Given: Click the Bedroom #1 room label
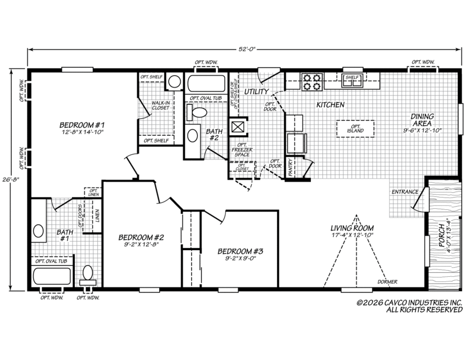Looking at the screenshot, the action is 82,124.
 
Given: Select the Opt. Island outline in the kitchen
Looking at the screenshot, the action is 355,128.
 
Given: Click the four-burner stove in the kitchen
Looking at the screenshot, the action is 312,81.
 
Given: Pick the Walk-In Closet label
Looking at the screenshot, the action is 160,105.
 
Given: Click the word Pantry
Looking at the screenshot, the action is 290,167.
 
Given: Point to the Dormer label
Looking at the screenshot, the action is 387,282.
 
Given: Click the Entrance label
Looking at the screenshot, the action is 405,191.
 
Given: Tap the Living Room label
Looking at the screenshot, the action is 352,228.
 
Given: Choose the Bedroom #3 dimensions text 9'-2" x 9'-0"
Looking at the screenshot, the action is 241,258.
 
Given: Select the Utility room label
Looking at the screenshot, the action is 256,92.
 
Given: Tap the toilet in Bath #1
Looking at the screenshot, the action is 88,275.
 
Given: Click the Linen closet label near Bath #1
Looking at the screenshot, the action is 98,215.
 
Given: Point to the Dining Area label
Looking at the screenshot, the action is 422,119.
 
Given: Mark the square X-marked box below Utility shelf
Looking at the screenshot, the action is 237,127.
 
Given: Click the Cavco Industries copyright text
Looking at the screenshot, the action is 409,306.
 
